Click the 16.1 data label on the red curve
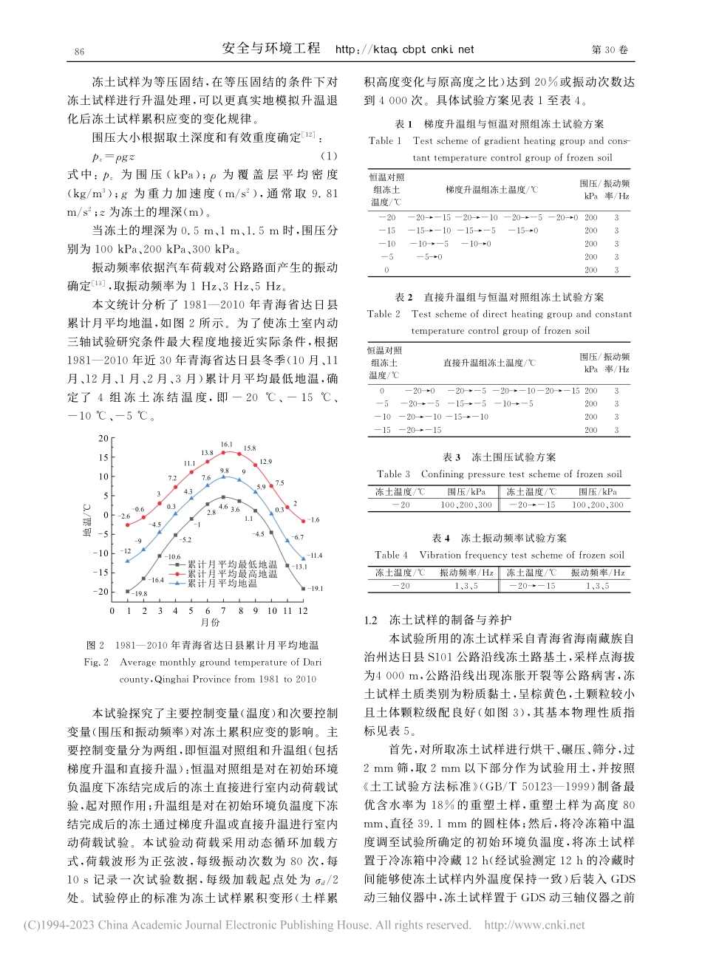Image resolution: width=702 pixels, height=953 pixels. tap(227, 445)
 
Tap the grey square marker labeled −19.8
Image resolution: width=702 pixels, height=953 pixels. tap(128, 591)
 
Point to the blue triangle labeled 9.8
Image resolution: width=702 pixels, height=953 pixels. tap(223, 476)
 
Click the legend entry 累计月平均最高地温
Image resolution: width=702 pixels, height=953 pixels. tap(231, 573)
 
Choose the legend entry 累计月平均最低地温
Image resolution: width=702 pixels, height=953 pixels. tap(231, 564)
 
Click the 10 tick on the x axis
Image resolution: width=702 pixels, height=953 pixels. tap(271, 611)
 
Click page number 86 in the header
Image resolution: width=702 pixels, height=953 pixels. tap(80, 51)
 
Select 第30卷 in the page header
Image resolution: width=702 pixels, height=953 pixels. tap(610, 50)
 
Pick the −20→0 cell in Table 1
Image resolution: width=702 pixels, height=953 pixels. tap(565, 217)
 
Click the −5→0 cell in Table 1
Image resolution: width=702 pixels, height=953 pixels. tap(429, 257)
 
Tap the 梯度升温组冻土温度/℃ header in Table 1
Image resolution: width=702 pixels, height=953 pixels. tap(491, 190)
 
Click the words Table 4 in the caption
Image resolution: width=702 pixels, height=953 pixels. tap(391, 555)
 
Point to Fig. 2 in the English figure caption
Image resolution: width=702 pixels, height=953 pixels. tap(97, 663)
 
